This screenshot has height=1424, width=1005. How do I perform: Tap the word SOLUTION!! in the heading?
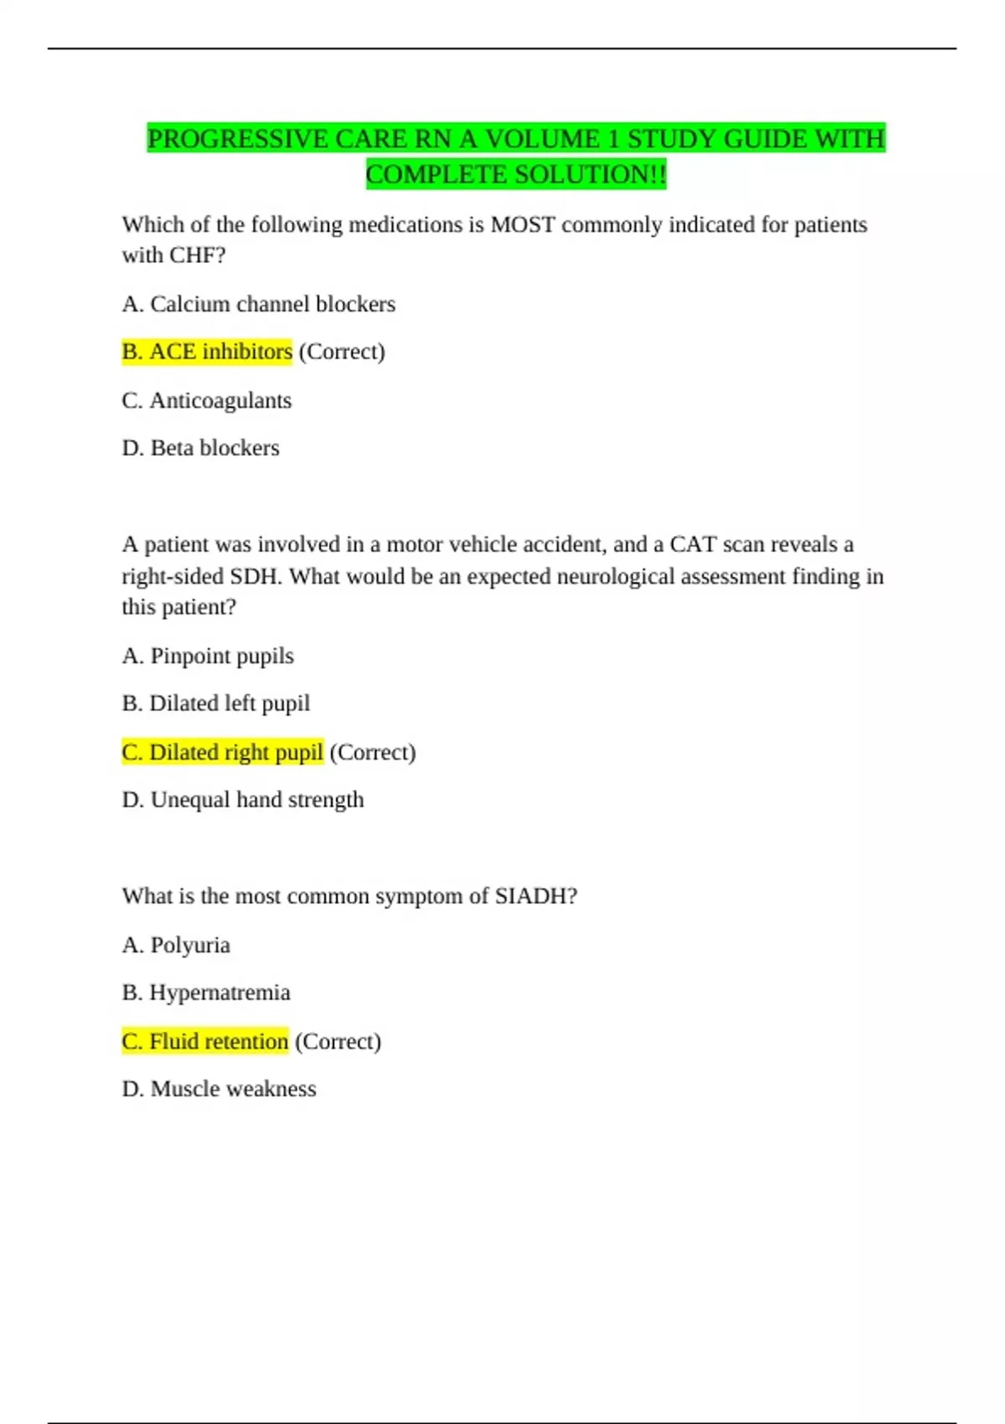click(x=590, y=175)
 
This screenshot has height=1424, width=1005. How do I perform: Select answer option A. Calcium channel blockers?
click(x=258, y=304)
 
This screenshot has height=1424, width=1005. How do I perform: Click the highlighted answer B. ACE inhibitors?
click(x=207, y=352)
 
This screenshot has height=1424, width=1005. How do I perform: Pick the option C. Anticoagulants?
click(x=207, y=400)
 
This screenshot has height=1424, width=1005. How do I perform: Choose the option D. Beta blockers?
click(x=201, y=448)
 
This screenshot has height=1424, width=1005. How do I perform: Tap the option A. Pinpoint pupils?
click(x=208, y=656)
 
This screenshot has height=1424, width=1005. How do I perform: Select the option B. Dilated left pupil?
click(x=216, y=704)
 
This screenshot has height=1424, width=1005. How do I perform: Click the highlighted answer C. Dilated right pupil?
click(x=222, y=752)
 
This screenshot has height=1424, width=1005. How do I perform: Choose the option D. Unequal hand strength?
click(x=243, y=800)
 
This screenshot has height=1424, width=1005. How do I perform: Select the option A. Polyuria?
click(x=176, y=945)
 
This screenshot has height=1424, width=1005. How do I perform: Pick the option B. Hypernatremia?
click(x=206, y=993)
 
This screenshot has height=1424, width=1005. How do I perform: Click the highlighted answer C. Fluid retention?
click(x=205, y=1041)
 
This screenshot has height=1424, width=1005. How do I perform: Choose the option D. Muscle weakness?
click(x=219, y=1089)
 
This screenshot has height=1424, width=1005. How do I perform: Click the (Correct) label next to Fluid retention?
click(x=338, y=1041)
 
